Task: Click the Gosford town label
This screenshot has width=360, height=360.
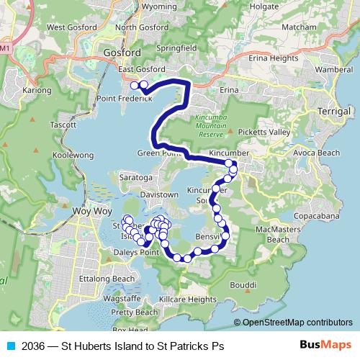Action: (122, 53)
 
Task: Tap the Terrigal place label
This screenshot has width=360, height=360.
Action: (333, 112)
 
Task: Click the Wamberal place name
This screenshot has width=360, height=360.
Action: (333, 69)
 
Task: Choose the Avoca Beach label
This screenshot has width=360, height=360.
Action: (318, 153)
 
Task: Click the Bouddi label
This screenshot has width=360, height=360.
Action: (244, 284)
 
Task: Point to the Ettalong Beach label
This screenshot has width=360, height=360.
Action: (107, 278)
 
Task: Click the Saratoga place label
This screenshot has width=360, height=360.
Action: (135, 176)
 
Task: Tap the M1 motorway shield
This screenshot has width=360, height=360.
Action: (6, 48)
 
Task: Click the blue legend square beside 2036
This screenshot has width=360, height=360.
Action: (8, 346)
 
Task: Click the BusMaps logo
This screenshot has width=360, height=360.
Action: (322, 346)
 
